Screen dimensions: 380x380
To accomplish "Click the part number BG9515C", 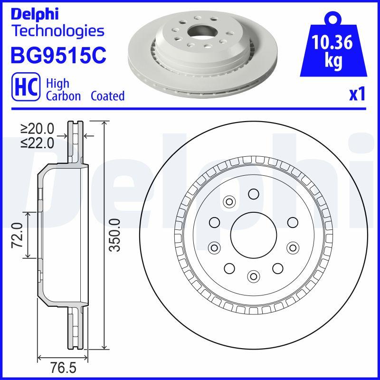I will [x=58, y=55].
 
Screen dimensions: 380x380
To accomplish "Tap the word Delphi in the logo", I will [x=34, y=14].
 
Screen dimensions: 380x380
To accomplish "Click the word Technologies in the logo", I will [x=57, y=31].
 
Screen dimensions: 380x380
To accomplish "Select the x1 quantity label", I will [x=357, y=95].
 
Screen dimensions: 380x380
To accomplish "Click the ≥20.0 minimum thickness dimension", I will [x=38, y=129].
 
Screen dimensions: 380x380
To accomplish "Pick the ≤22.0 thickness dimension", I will [x=38, y=142].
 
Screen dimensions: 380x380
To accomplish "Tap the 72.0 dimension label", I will [x=18, y=235].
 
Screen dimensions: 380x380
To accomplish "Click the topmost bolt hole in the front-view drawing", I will [x=254, y=193].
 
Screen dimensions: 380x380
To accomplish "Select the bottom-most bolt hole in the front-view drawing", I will [x=254, y=275].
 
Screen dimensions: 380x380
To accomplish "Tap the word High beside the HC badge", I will [x=57, y=83].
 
